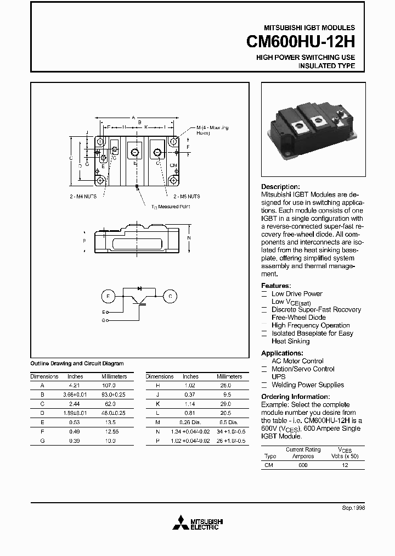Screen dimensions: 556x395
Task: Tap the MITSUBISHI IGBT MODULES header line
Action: point(309,27)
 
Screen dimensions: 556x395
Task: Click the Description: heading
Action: point(280,187)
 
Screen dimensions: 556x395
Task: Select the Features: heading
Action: point(275,286)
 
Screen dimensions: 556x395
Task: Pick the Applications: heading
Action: point(282,353)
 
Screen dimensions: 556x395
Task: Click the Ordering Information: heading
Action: point(295,397)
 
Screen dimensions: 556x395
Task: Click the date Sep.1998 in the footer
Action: point(353,508)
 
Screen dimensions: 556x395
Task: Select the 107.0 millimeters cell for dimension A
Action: point(114,386)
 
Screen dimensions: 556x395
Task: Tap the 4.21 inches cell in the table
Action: point(75,386)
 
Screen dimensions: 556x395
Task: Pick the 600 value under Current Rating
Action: point(303,465)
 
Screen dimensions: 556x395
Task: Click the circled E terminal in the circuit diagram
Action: point(107,296)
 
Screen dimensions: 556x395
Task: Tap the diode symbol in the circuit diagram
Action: point(139,287)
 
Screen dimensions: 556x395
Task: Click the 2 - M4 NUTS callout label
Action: point(83,196)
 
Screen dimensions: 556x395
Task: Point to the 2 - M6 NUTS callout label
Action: point(187,196)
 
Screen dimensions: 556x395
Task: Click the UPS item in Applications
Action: point(279,377)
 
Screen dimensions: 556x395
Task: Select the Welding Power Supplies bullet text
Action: point(308,385)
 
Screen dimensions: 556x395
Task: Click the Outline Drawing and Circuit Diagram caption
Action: point(76,363)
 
